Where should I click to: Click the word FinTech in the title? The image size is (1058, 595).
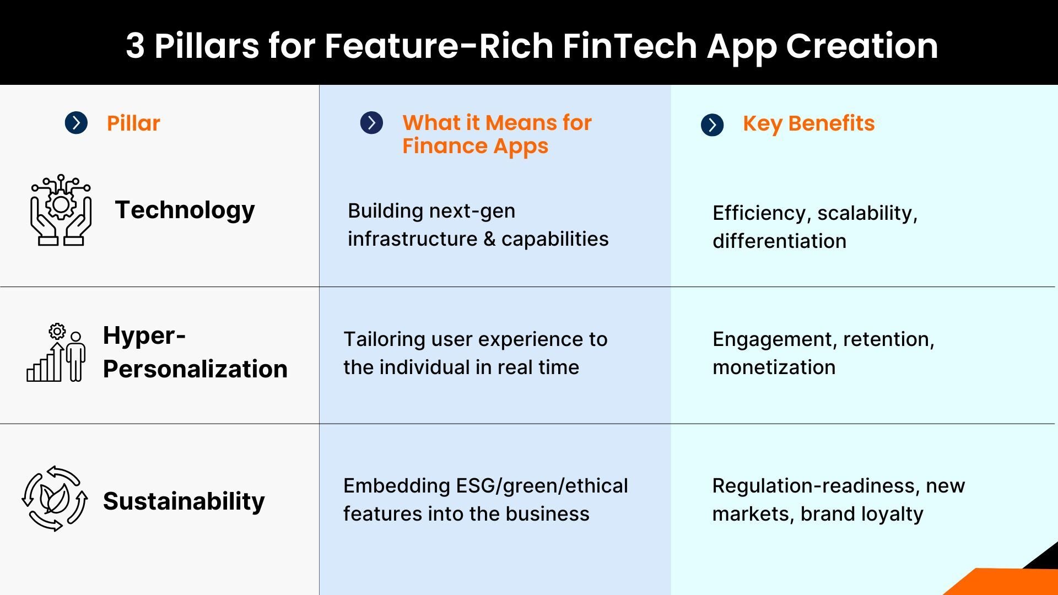[x=630, y=46]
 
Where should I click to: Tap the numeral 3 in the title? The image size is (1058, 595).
[x=135, y=46]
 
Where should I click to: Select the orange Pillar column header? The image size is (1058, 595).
[x=133, y=123]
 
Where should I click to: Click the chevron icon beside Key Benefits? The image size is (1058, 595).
[x=712, y=125]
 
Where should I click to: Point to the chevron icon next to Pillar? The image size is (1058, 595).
[x=76, y=123]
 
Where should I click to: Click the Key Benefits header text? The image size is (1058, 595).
[x=808, y=123]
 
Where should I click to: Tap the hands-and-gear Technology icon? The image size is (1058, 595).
[x=61, y=210]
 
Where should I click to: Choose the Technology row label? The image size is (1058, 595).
[x=185, y=210]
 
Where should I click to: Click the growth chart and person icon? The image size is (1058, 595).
[x=56, y=353]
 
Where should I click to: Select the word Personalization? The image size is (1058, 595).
[x=195, y=369]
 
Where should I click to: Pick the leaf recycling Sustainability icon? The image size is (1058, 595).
[x=55, y=499]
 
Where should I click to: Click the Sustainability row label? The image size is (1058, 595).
[x=183, y=501]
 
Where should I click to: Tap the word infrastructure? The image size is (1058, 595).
[x=412, y=239]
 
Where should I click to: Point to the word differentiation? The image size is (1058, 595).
[x=779, y=241]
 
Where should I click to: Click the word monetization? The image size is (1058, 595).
[x=774, y=367]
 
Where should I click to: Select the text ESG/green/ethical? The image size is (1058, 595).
[x=542, y=486]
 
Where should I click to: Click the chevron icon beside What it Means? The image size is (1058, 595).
[x=371, y=123]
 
